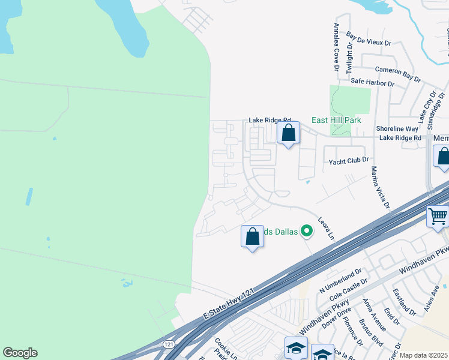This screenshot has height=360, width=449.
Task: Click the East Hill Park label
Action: pyautogui.click(x=336, y=120)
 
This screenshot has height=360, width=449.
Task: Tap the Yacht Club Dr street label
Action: pyautogui.click(x=348, y=162)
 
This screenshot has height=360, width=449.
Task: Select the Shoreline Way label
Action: pyautogui.click(x=397, y=128)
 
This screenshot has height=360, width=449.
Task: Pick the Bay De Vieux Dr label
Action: pyautogui.click(x=369, y=40)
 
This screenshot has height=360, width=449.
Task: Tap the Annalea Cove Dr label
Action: pyautogui.click(x=337, y=47)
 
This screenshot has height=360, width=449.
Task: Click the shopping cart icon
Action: pyautogui.click(x=438, y=215)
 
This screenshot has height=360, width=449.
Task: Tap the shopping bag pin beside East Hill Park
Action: pyautogui.click(x=289, y=133)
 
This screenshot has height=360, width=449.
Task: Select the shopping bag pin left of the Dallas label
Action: pyautogui.click(x=253, y=236)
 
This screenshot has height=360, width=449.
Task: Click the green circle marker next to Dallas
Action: pyautogui.click(x=307, y=230)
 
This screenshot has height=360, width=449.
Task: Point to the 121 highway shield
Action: pyautogui.click(x=170, y=344)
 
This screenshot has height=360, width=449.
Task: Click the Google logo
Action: pyautogui.click(x=20, y=353)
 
